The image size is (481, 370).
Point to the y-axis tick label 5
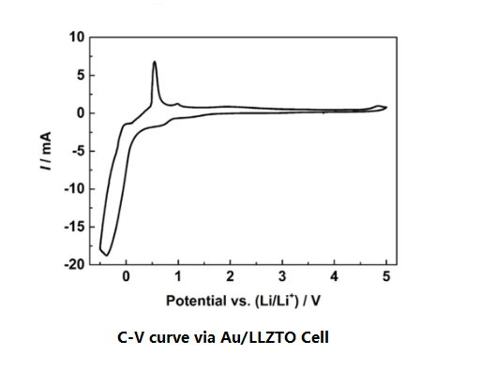tap(81, 75)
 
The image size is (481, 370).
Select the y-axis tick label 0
tap(81, 113)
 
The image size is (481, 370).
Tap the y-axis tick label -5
tap(78, 151)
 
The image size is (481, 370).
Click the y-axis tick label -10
tap(75, 189)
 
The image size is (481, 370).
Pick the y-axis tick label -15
tap(75, 227)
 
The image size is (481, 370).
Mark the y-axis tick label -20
tap(75, 264)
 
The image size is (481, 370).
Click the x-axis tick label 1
tap(178, 279)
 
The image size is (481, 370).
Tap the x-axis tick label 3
tap(282, 279)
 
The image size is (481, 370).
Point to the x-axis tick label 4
tap(335, 279)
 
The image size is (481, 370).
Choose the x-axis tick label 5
tap(386, 279)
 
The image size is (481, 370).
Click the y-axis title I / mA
tap(46, 151)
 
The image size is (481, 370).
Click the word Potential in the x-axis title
tap(194, 302)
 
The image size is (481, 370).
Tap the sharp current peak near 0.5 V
tap(154, 63)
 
